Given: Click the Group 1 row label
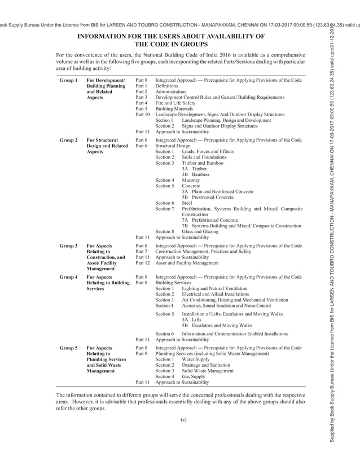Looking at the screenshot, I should point(68,81).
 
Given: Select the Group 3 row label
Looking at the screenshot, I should point(68,246).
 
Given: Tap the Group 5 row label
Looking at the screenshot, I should point(68,349).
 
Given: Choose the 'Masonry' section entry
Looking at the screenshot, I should point(191,180).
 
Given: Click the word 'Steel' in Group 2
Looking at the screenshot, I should point(187,203).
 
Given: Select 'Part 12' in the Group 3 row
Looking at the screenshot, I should point(142,263).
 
